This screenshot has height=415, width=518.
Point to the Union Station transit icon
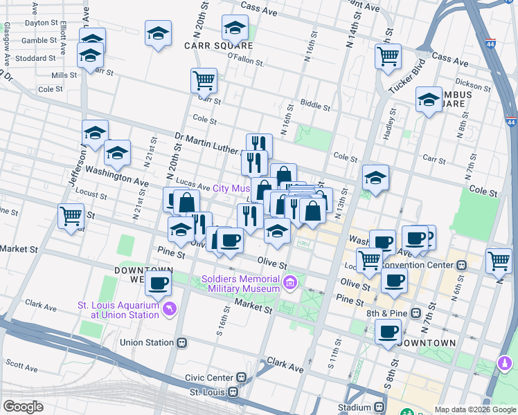182,342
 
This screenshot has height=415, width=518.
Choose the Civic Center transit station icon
241,378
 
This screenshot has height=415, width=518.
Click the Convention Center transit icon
461,264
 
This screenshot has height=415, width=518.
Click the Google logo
23,407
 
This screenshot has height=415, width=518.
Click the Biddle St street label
316,105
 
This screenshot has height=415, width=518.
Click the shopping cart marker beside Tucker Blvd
388,56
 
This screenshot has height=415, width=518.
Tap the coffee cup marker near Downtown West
159,282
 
